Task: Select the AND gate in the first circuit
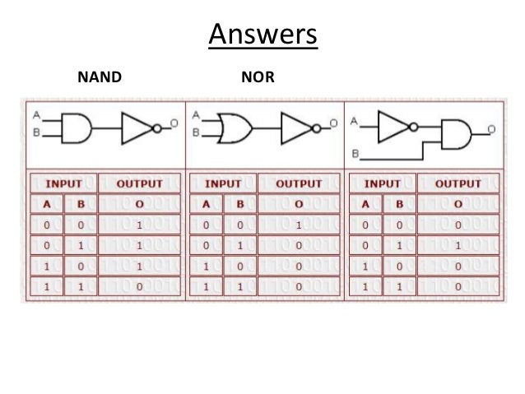click(77, 127)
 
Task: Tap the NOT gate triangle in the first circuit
click(135, 127)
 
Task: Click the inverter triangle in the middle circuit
click(295, 127)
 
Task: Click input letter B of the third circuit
click(355, 154)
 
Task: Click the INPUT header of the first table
click(63, 183)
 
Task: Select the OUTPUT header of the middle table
click(298, 183)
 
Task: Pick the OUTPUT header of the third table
click(458, 183)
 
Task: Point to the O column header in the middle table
click(298, 204)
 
